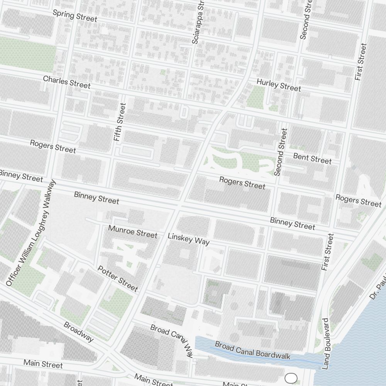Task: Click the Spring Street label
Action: click(x=75, y=16)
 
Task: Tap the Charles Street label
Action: click(x=67, y=82)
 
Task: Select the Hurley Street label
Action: click(x=279, y=85)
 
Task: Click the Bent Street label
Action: click(x=312, y=158)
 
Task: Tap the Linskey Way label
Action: click(x=189, y=239)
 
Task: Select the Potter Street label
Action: click(x=117, y=278)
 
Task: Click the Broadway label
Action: click(x=79, y=332)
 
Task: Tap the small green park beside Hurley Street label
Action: click(x=255, y=97)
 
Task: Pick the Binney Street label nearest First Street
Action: click(x=293, y=223)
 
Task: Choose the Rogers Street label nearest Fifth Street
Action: click(x=53, y=146)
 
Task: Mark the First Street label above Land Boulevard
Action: click(x=327, y=252)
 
